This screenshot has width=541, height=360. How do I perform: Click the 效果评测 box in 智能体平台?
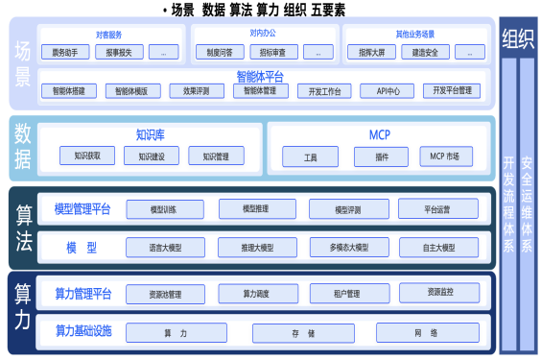pyautogui.click(x=197, y=91)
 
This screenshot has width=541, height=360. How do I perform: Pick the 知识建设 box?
pyautogui.click(x=152, y=156)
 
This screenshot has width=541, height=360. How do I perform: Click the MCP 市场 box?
pyautogui.click(x=444, y=156)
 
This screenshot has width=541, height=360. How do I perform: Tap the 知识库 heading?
pyautogui.click(x=151, y=133)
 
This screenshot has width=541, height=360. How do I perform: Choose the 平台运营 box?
pyautogui.click(x=437, y=209)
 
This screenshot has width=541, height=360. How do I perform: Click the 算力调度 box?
pyautogui.click(x=257, y=293)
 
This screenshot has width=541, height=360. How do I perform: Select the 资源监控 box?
pyautogui.click(x=438, y=292)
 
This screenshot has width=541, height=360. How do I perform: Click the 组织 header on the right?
pyautogui.click(x=518, y=39)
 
